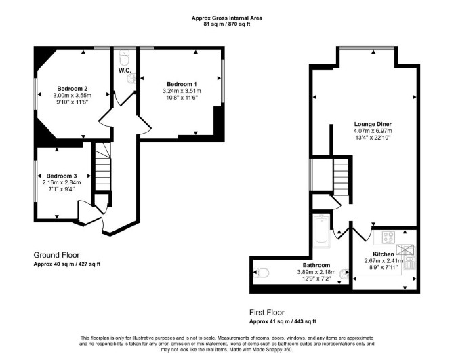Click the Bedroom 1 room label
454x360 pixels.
[x=182, y=84]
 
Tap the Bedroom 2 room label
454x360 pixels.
[x=72, y=89]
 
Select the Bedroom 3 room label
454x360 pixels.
[x=62, y=176]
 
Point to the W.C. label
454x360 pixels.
[x=125, y=71]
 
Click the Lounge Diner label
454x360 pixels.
[x=373, y=124]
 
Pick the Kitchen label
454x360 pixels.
[x=383, y=254]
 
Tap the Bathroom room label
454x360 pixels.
[x=316, y=265]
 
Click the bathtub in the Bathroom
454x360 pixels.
[x=321, y=231]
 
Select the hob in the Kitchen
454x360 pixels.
[x=388, y=237]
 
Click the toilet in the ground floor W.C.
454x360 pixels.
[x=125, y=58]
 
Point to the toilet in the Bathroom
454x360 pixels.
[x=262, y=273]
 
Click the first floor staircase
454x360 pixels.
[x=341, y=176]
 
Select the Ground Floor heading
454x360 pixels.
[x=56, y=255]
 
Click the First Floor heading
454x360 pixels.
[x=267, y=313]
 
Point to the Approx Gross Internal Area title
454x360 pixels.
[x=227, y=18]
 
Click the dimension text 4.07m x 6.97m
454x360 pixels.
[x=373, y=131]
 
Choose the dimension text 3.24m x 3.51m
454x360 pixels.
[x=182, y=91]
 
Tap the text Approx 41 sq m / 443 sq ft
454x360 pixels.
[x=283, y=321]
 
